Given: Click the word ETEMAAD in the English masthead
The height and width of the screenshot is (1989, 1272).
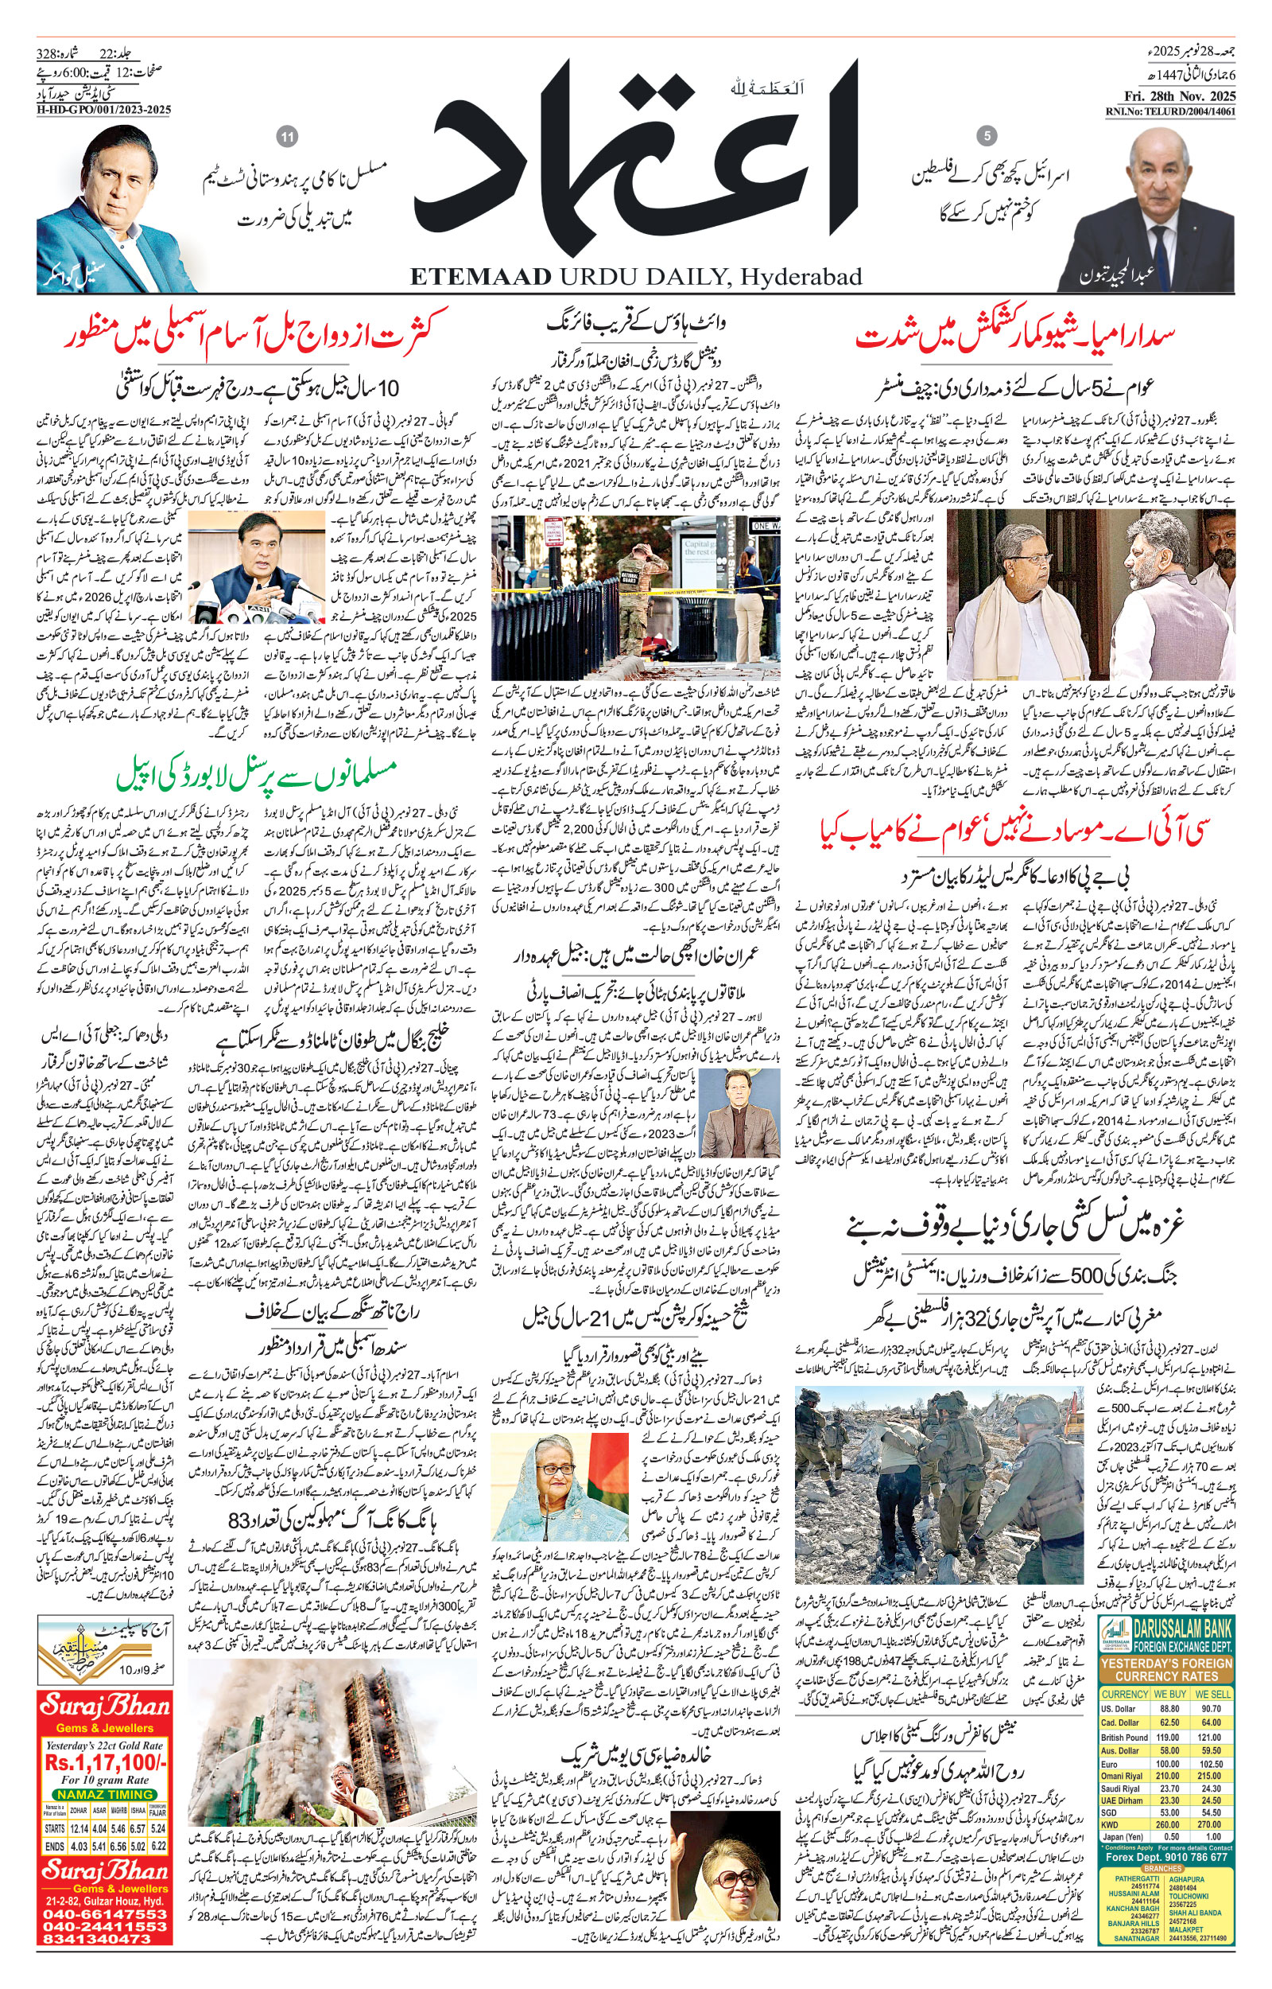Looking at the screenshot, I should [x=480, y=276].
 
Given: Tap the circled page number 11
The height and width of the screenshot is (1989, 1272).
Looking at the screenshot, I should [x=288, y=137].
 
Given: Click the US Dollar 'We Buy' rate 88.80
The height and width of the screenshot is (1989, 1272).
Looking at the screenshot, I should [x=1169, y=1707].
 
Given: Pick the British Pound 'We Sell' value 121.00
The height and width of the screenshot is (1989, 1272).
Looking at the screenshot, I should [x=1211, y=1736].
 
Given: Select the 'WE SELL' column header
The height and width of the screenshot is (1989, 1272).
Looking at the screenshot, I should [x=1212, y=1693].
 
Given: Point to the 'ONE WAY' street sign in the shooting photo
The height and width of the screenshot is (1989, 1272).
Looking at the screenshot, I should [x=765, y=526].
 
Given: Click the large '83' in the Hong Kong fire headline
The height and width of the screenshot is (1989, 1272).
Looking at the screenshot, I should [x=238, y=1520].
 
